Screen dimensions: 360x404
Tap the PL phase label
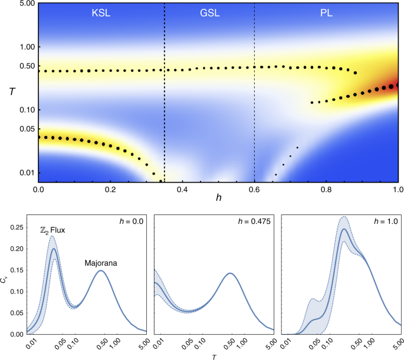326,13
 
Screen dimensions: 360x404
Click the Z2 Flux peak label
49,231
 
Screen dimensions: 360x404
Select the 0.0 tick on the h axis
38,190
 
